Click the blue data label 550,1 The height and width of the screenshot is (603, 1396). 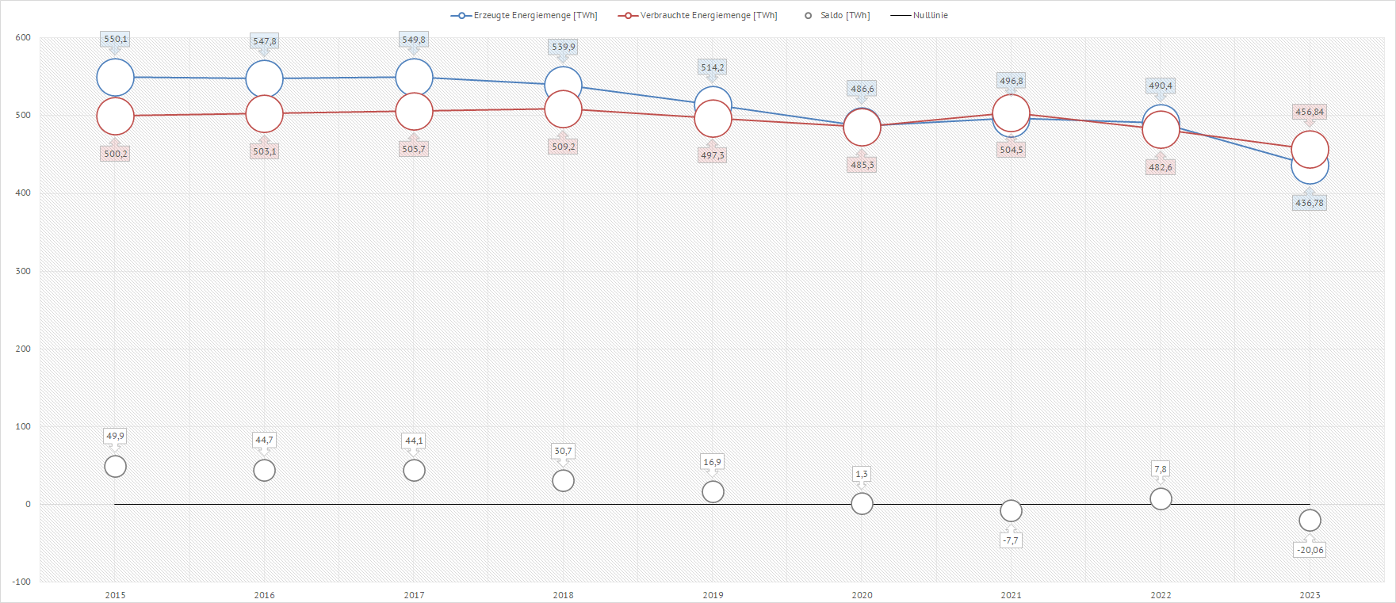click(115, 39)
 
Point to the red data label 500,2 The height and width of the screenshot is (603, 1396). click(115, 154)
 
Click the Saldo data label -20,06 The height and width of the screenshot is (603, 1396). click(1310, 550)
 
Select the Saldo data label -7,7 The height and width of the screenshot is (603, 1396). click(1011, 540)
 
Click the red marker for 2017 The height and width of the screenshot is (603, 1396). click(414, 112)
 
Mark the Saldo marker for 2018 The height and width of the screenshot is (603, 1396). click(563, 481)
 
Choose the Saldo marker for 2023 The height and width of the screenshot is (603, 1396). click(1310, 521)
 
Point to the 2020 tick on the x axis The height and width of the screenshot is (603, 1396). click(862, 595)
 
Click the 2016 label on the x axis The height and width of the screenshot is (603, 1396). click(264, 595)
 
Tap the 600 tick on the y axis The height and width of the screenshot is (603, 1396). click(23, 37)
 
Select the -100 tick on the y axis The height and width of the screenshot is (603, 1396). click(21, 582)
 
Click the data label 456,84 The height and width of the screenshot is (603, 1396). click(1310, 112)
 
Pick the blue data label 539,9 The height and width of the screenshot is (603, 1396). click(563, 47)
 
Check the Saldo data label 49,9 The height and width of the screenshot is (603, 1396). click(115, 436)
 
